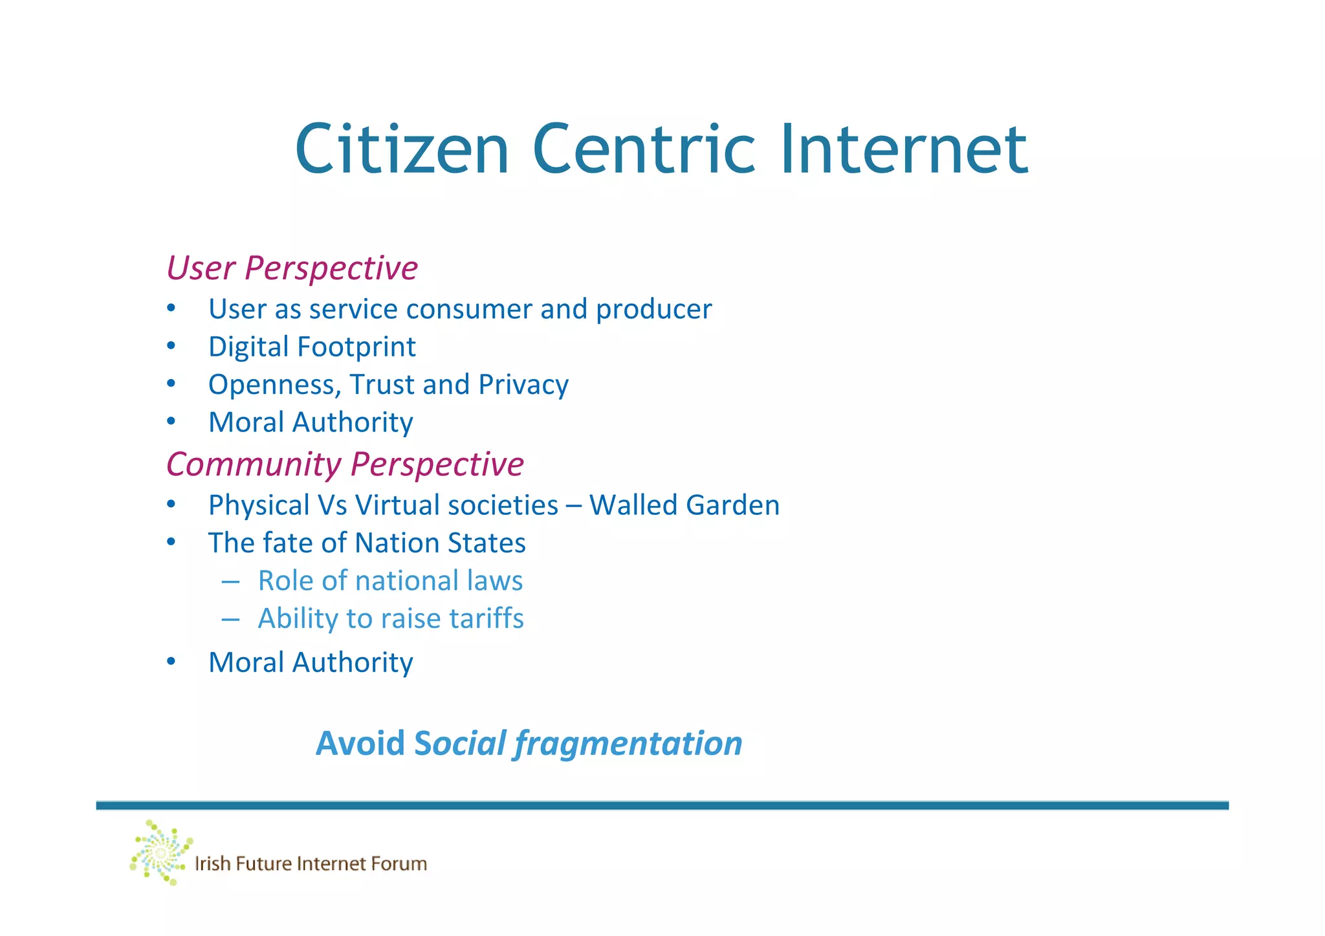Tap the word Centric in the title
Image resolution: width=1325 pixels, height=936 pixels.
coord(644,150)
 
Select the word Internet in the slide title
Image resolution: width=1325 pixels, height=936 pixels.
coord(904,150)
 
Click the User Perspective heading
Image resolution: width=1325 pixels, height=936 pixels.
coord(292,268)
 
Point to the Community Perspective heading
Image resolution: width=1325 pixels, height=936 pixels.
coord(345,464)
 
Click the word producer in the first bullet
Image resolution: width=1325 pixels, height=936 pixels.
coord(653,310)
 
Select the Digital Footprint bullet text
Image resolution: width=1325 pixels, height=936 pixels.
coord(312,347)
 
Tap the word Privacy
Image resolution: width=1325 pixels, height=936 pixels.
coord(523,385)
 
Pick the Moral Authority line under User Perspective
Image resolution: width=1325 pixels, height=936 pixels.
coord(311,423)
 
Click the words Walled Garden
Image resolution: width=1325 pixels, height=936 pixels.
coord(684,506)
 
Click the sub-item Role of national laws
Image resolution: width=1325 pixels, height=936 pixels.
coord(390,581)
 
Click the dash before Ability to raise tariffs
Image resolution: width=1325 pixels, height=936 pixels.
coord(230,619)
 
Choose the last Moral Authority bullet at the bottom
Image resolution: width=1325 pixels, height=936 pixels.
coord(311,663)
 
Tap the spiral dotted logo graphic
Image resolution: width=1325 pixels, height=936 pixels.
coord(160,853)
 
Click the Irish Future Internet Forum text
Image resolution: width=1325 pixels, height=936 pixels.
coord(311,864)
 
